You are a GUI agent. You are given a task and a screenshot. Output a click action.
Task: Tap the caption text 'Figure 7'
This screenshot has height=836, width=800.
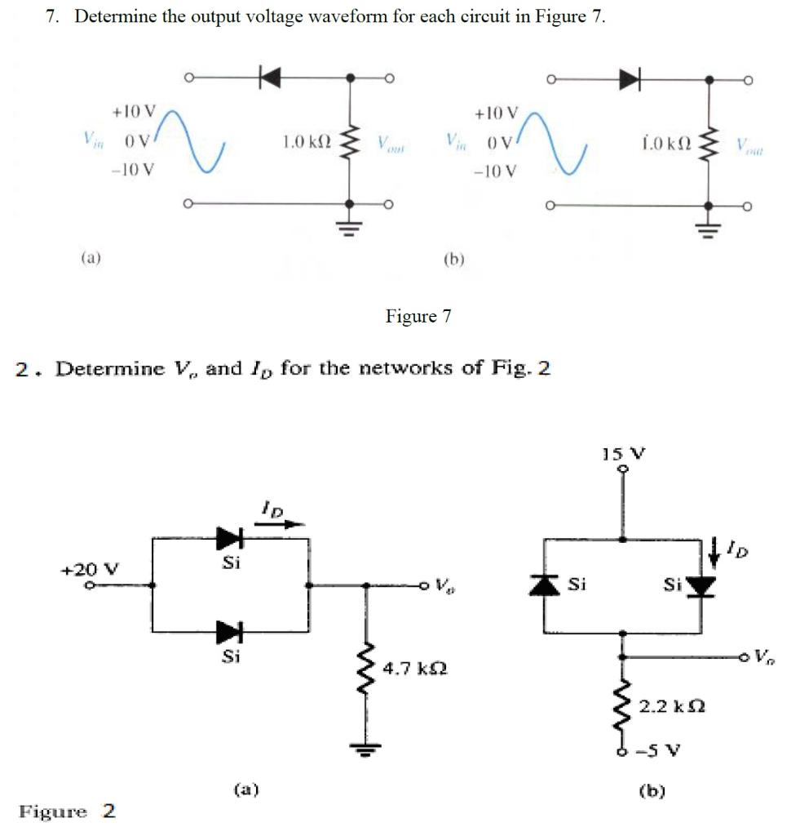pyautogui.click(x=418, y=316)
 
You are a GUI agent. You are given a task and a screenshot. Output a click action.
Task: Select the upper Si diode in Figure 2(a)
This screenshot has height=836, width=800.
pyautogui.click(x=228, y=538)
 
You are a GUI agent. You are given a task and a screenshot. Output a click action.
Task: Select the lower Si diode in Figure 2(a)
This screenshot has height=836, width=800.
pyautogui.click(x=228, y=631)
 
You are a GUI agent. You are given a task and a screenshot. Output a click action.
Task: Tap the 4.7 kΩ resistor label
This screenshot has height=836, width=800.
pyautogui.click(x=418, y=669)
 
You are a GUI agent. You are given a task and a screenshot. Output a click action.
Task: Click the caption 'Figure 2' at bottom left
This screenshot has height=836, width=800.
pyautogui.click(x=67, y=811)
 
